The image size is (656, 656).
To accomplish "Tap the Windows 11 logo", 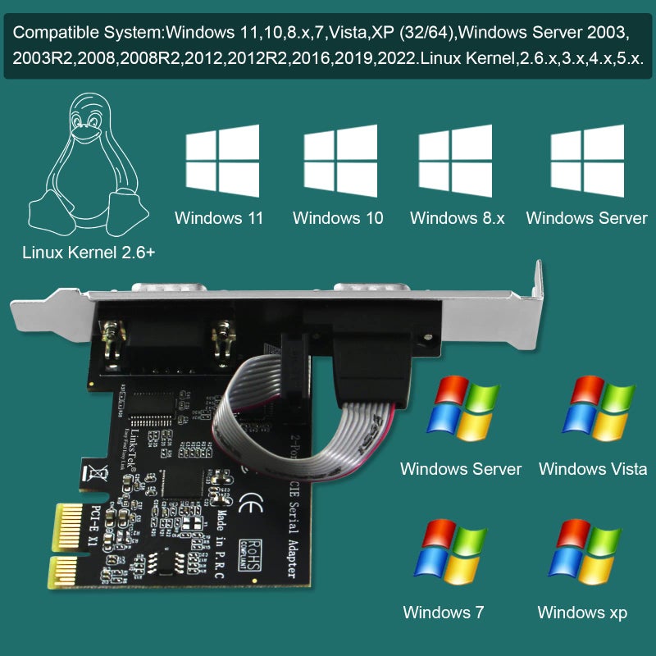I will [222, 162].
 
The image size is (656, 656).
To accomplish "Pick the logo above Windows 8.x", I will [455, 162].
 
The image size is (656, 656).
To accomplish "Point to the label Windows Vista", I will [592, 469].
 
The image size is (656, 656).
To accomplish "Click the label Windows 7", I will [443, 613].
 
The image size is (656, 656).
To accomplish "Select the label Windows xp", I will [582, 613].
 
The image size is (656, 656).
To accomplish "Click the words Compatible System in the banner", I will [89, 34].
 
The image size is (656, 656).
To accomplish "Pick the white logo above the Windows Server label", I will [586, 162].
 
